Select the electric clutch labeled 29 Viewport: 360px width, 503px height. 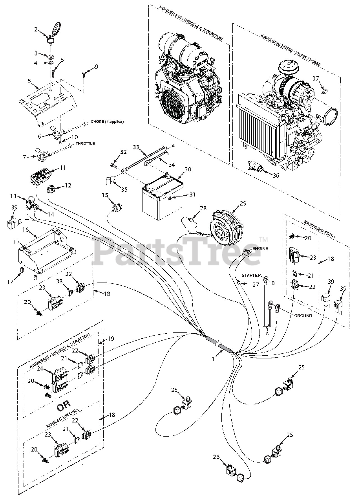coord(225,227)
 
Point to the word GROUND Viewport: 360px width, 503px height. coord(303,316)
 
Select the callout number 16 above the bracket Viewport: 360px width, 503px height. coord(25,229)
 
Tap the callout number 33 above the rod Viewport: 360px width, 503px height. coord(136,147)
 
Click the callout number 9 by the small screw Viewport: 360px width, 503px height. coord(96,66)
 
